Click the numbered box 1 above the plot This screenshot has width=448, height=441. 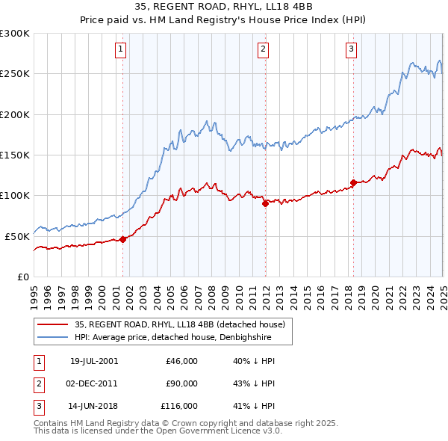click(120, 50)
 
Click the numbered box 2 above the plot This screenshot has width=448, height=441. click(264, 50)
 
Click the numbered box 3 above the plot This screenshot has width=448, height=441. click(351, 50)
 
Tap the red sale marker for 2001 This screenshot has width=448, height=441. click(123, 239)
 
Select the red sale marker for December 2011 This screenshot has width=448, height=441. click(264, 203)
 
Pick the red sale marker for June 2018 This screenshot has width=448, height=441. click(353, 182)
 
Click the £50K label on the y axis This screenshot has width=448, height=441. click(17, 236)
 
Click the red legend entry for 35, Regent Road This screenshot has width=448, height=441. click(179, 325)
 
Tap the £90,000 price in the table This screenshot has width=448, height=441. click(181, 383)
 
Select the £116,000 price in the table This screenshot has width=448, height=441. click(179, 406)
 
